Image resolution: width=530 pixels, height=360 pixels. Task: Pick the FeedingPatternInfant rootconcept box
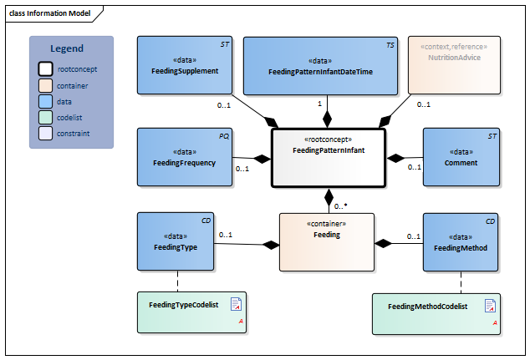[328, 157]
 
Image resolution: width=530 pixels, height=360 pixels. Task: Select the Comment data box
[461, 157]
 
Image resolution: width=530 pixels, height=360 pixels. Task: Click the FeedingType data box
[175, 241]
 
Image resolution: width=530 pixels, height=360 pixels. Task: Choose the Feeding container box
[327, 241]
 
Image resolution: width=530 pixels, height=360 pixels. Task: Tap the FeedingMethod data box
[461, 241]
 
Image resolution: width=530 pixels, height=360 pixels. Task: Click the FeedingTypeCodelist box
[191, 312]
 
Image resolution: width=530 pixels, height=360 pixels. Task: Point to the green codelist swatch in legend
[47, 118]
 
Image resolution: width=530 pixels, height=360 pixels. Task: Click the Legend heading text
[67, 48]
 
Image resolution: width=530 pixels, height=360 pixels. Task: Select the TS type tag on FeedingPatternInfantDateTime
[390, 43]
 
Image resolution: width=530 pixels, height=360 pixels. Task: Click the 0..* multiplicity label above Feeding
[341, 205]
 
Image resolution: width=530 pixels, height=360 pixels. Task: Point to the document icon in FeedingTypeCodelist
[236, 303]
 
